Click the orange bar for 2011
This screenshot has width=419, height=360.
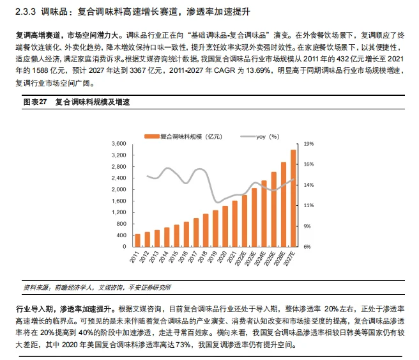(137, 240)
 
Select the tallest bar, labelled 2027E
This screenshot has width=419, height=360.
(293, 198)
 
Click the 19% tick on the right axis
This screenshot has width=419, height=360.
(308, 144)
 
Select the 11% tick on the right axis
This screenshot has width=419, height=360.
(308, 205)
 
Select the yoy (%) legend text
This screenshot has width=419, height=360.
(268, 136)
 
